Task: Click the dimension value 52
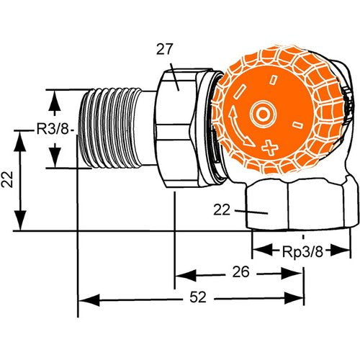198,297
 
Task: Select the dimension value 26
241,272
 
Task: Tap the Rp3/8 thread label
302,252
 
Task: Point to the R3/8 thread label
53,130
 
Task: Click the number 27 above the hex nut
165,49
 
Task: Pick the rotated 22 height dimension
7,179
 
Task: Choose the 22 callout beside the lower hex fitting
222,210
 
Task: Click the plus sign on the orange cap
270,146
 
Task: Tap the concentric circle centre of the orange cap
263,114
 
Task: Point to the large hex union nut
175,128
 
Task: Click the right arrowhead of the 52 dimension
294,298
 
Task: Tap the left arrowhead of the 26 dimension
186,275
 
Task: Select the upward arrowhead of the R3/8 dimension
55,100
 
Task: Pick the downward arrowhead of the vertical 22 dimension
20,220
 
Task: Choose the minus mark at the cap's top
274,79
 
